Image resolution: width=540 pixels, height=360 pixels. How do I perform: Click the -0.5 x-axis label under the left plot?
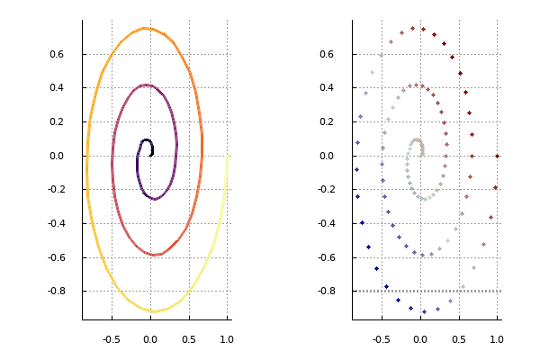112,339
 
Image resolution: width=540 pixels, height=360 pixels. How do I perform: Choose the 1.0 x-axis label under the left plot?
227,339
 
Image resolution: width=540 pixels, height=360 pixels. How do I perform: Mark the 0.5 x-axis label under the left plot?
189,339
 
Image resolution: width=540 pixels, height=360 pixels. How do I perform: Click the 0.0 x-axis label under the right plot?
420,339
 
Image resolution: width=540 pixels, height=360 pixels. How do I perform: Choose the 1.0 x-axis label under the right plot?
497,339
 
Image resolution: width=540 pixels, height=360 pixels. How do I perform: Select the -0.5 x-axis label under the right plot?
382,339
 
